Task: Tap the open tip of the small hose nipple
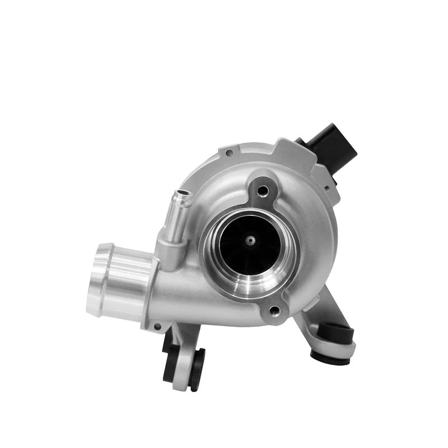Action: (x=183, y=197)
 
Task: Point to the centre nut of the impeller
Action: (x=250, y=240)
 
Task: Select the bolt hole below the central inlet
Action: (x=274, y=309)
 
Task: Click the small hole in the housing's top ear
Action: (x=230, y=152)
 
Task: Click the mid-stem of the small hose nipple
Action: (x=177, y=216)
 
